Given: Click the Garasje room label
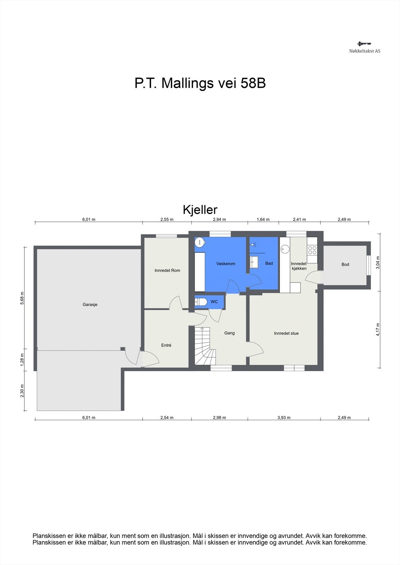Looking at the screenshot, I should pos(90,304).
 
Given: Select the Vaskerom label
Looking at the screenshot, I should pos(226,263).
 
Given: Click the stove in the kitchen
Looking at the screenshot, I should pos(312,250).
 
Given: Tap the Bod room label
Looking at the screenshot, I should pos(345,264).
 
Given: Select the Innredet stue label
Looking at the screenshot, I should pos(286,333).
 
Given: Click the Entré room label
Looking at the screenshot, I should pos(166,345).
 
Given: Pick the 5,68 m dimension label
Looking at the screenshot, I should pos(22,298).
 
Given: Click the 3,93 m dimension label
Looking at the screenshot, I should pos(284,417).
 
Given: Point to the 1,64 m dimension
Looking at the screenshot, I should pos(263,219).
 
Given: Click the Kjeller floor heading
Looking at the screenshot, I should pos(200,210).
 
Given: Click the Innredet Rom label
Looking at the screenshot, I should pos(167,270).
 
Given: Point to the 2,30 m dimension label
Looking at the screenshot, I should pos(22,391).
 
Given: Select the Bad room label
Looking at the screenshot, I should pos(269,263).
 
